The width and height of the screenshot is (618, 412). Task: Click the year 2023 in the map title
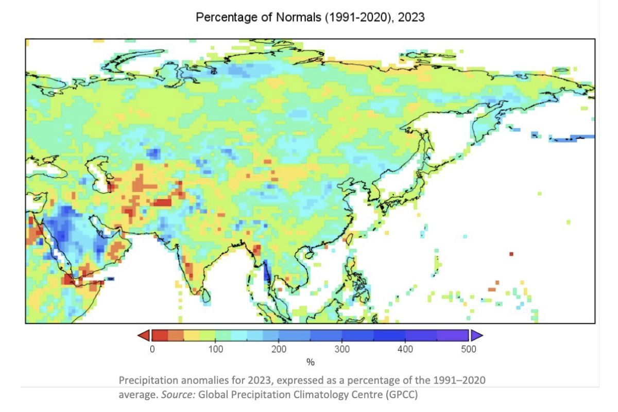coord(411,17)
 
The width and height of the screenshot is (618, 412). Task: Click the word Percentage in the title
coord(221,17)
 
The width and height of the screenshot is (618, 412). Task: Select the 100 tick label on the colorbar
coord(215,349)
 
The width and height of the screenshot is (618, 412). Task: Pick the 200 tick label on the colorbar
coord(279,349)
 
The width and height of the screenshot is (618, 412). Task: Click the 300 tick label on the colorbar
coord(342,349)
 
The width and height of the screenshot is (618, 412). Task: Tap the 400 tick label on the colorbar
coord(405,349)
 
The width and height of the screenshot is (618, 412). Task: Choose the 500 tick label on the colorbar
coord(469,349)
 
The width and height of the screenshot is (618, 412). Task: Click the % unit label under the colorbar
coord(310,363)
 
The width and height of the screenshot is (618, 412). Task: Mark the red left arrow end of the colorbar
coord(144,336)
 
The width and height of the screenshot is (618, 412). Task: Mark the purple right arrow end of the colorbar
coord(476,336)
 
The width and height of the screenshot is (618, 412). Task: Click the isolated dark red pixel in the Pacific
coord(511,254)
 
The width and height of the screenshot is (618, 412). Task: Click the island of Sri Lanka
coord(206,295)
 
